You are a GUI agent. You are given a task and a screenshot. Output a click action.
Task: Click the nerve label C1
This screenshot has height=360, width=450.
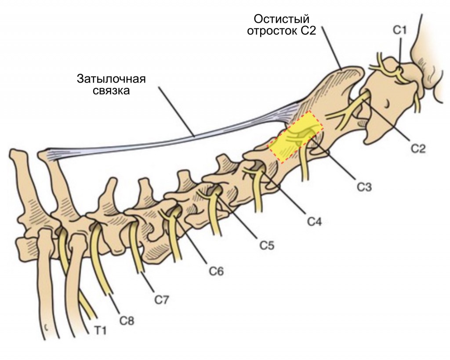pyautogui.click(x=399, y=30)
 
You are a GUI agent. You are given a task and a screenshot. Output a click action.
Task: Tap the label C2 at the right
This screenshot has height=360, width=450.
pyautogui.click(x=418, y=148)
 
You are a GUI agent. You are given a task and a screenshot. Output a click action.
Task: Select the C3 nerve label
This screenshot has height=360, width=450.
pyautogui.click(x=364, y=187)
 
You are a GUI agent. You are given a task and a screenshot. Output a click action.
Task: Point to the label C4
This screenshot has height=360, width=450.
pyautogui.click(x=315, y=221)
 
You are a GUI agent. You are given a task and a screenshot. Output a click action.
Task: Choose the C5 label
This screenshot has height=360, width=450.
pyautogui.click(x=267, y=245)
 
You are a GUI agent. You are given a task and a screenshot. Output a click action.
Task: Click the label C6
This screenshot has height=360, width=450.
pyautogui.click(x=216, y=271)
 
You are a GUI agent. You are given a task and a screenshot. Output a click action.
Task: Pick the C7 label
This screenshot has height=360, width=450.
pyautogui.click(x=162, y=300)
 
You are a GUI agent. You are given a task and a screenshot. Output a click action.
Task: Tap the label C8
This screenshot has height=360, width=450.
pyautogui.click(x=127, y=321)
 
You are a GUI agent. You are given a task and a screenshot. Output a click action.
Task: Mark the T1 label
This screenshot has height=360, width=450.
pyautogui.click(x=100, y=331)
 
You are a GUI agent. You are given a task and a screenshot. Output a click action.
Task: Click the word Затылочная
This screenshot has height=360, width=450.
pyautogui.click(x=111, y=79)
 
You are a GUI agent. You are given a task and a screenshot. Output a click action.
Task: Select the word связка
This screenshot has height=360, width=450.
pyautogui.click(x=111, y=91)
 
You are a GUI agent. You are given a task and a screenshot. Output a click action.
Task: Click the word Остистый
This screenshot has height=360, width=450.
pyautogui.click(x=282, y=19)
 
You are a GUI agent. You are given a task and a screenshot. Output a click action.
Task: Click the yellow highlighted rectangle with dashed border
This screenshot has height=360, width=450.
pyautogui.click(x=296, y=137)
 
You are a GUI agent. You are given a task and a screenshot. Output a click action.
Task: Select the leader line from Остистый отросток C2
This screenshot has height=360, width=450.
pyautogui.click(x=331, y=48)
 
